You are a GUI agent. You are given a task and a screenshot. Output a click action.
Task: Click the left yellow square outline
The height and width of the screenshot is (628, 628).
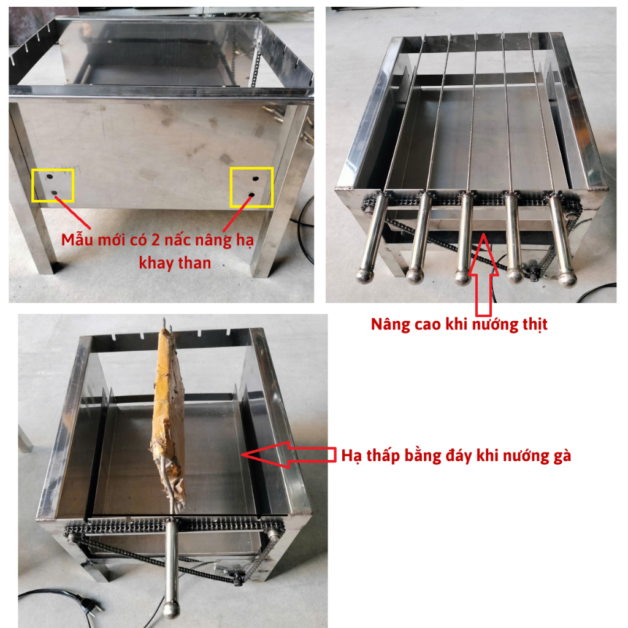(x=32, y=185)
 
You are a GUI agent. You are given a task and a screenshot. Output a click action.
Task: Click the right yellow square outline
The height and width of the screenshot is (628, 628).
(x=231, y=188)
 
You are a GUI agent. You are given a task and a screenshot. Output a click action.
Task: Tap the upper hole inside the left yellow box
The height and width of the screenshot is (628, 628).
(x=50, y=176)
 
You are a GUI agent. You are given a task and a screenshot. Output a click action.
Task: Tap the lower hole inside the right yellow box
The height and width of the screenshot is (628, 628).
(x=251, y=195)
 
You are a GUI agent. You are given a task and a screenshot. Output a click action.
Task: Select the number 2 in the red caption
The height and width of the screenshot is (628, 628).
(x=155, y=240)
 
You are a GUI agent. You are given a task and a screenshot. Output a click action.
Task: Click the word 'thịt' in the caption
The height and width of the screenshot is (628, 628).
(x=535, y=324)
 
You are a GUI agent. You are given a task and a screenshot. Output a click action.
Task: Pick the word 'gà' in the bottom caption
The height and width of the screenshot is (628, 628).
(x=562, y=456)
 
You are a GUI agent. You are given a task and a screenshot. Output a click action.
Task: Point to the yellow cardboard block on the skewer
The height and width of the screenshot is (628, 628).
(x=168, y=416)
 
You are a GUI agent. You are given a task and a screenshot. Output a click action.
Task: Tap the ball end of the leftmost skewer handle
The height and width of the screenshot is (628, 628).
(x=365, y=275)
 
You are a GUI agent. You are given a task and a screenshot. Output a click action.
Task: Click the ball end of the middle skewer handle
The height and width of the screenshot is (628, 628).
(x=463, y=277)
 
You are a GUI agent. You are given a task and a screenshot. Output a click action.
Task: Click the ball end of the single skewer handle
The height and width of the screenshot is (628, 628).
(x=172, y=609)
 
